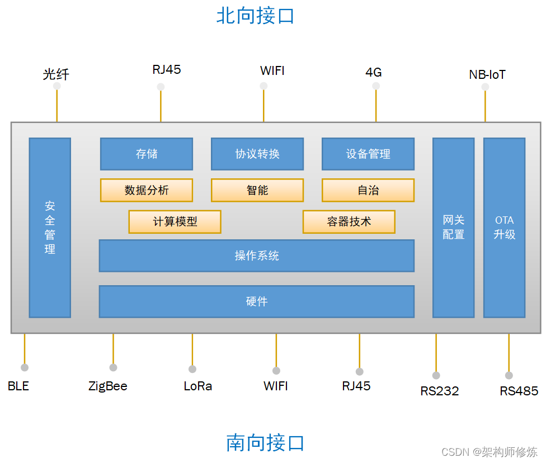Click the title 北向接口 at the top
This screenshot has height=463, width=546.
pyautogui.click(x=255, y=16)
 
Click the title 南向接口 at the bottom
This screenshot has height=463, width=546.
pyautogui.click(x=265, y=442)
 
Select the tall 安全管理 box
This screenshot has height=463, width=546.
pyautogui.click(x=50, y=228)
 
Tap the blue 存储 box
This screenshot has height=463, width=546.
pyautogui.click(x=147, y=154)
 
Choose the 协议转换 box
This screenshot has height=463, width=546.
pyautogui.click(x=257, y=154)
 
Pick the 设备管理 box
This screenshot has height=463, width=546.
pyautogui.click(x=368, y=154)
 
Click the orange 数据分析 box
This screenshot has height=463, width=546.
pyautogui.click(x=147, y=190)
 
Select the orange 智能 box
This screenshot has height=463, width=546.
pyautogui.click(x=257, y=190)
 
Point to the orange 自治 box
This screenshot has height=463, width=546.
pyautogui.click(x=368, y=190)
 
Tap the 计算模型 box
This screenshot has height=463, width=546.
pyautogui.click(x=175, y=221)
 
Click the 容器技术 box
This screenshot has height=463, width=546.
pyautogui.click(x=349, y=221)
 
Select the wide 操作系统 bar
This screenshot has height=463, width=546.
pyautogui.click(x=257, y=256)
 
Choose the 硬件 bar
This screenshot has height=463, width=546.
pyautogui.click(x=257, y=301)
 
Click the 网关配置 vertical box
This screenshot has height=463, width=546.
pyautogui.click(x=453, y=228)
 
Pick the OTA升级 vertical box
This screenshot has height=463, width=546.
pyautogui.click(x=504, y=228)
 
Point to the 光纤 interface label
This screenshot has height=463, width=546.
pyautogui.click(x=56, y=74)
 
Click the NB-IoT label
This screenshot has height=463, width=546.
pyautogui.click(x=487, y=74)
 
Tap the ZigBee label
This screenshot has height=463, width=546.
pyautogui.click(x=108, y=386)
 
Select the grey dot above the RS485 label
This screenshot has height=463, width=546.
pyautogui.click(x=509, y=375)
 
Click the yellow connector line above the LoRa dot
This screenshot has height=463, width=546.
pyautogui.click(x=192, y=349)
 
